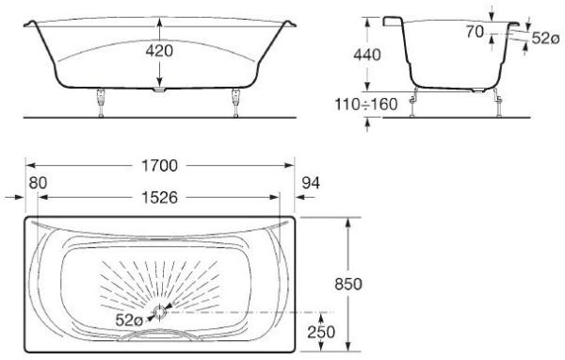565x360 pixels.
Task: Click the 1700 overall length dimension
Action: [160, 166]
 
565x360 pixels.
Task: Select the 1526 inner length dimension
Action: [160, 197]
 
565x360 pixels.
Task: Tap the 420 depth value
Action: [159, 51]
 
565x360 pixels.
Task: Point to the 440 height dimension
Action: [367, 55]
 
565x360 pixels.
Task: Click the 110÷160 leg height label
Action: [366, 105]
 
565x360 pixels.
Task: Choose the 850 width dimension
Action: [348, 284]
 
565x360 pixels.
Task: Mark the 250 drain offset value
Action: [321, 332]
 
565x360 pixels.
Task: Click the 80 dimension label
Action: [38, 183]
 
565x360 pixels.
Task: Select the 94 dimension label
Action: [311, 183]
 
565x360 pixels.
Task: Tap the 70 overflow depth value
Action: [475, 32]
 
